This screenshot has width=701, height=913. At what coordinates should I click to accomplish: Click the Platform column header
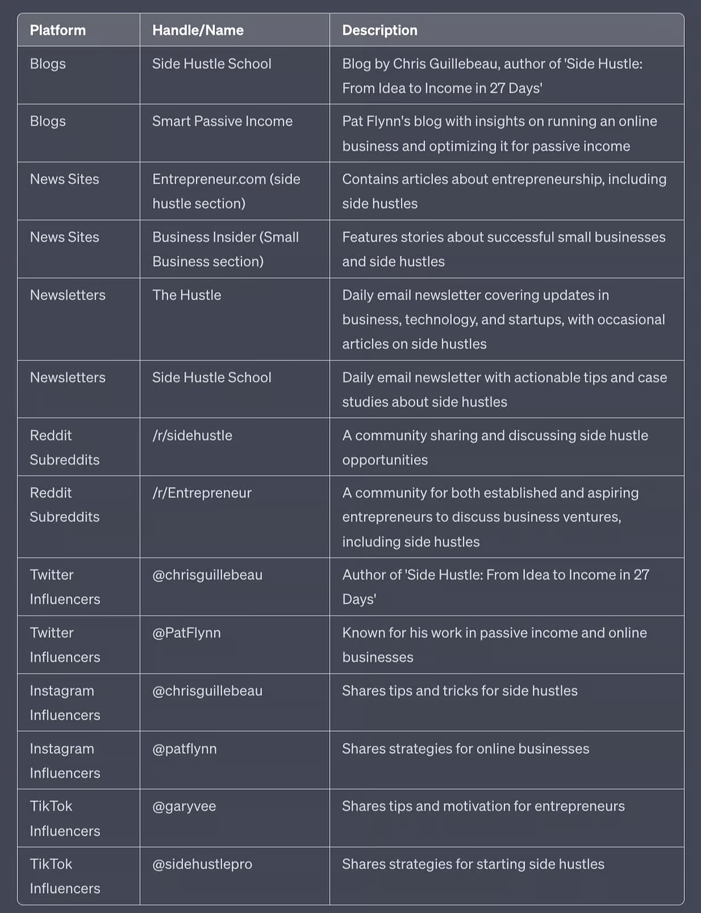tap(58, 30)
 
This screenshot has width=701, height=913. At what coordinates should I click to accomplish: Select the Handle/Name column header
tap(198, 30)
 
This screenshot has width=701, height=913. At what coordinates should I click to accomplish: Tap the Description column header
tap(380, 30)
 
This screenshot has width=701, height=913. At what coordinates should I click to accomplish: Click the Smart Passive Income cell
tap(222, 121)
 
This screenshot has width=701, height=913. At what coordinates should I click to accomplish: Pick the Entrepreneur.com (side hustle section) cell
tap(226, 191)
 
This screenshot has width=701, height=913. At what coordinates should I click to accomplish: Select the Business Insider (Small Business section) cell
tap(225, 249)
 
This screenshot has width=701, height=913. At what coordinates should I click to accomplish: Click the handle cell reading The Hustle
tap(187, 295)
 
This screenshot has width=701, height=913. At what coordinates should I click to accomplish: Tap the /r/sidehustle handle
tap(192, 436)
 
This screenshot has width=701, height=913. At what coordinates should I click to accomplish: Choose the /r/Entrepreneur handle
tap(202, 493)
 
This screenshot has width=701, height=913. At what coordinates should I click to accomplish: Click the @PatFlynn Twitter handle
tap(186, 633)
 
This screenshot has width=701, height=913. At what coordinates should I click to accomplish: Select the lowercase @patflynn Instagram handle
tap(184, 749)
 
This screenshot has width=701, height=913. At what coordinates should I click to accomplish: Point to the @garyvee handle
tap(184, 807)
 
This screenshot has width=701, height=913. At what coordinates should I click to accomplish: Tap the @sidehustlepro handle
tap(202, 864)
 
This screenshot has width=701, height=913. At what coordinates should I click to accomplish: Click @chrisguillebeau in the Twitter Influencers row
tap(207, 575)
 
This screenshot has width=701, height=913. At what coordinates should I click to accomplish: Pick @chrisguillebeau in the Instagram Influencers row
tap(207, 691)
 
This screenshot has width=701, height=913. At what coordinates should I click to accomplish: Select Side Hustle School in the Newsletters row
tap(212, 378)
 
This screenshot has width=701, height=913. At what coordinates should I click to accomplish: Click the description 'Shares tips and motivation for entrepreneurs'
tap(484, 807)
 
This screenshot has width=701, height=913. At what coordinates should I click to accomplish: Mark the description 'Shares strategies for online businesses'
tap(465, 749)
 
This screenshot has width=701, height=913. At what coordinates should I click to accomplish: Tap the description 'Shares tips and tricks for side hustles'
tap(460, 691)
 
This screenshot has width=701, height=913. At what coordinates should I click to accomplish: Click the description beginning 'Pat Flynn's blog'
tap(499, 134)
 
